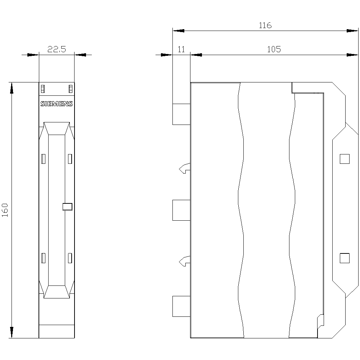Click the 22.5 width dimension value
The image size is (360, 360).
click(57, 50)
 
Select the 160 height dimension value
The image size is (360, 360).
click(5, 210)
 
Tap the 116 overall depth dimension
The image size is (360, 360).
click(265, 26)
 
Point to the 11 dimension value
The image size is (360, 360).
click(181, 50)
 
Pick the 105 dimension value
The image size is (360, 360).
click(274, 50)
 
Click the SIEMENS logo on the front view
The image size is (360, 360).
click(57, 104)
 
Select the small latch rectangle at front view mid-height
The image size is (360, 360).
click(67, 206)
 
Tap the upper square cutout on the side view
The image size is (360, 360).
click(345, 159)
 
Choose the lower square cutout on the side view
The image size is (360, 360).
click(345, 258)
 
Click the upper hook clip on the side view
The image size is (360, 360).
click(184, 168)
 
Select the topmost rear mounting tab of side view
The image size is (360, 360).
click(181, 114)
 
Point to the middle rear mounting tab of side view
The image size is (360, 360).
click(181, 210)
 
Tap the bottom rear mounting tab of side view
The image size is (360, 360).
click(181, 306)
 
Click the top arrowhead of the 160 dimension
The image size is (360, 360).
click(12, 87)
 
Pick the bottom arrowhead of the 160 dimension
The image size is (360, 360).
click(12, 333)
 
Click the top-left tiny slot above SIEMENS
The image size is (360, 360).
click(43, 89)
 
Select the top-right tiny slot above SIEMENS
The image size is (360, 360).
click(71, 89)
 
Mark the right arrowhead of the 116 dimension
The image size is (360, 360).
click(352, 31)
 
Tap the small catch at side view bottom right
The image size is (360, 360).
click(320, 321)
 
